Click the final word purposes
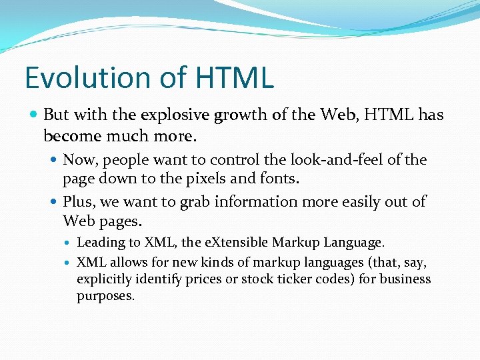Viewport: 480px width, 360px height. coord(105,296)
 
